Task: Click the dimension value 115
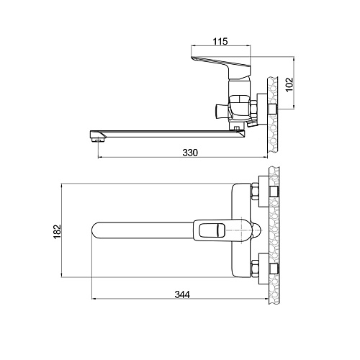[x=220, y=41]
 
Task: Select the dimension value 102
[x=289, y=84]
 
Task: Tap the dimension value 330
[x=190, y=153]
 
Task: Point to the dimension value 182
[x=58, y=231]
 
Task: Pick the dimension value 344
[x=182, y=294]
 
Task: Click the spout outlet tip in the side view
[x=98, y=139]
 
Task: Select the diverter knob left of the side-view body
[x=222, y=112]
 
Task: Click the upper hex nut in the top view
[x=255, y=192]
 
